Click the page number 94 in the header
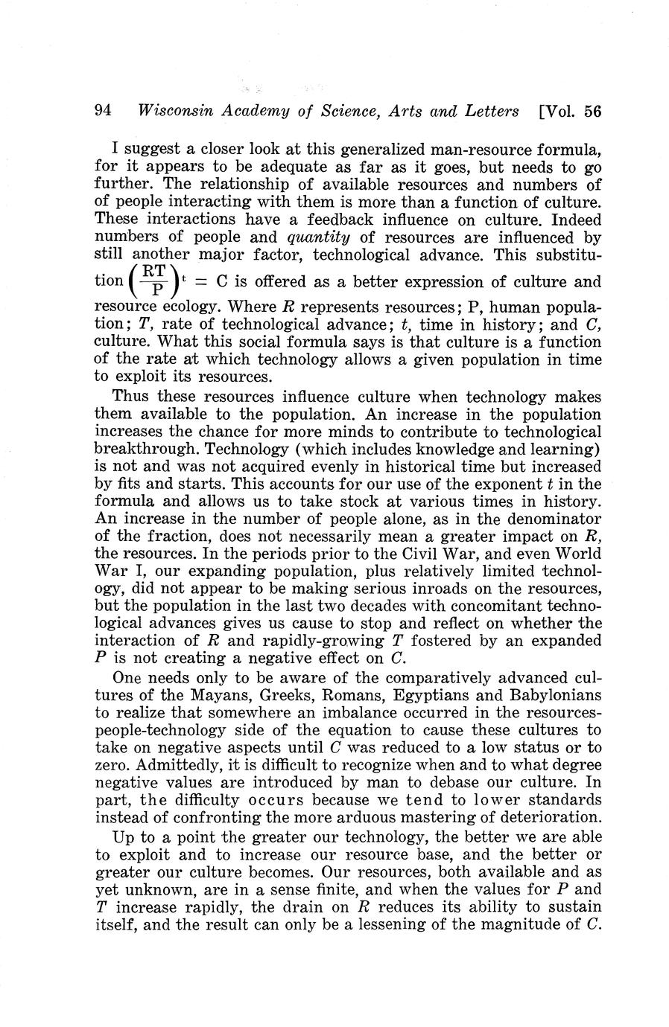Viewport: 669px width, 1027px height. (x=104, y=112)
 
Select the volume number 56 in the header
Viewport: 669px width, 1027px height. (x=592, y=112)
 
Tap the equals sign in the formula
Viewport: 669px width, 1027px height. (x=200, y=282)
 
